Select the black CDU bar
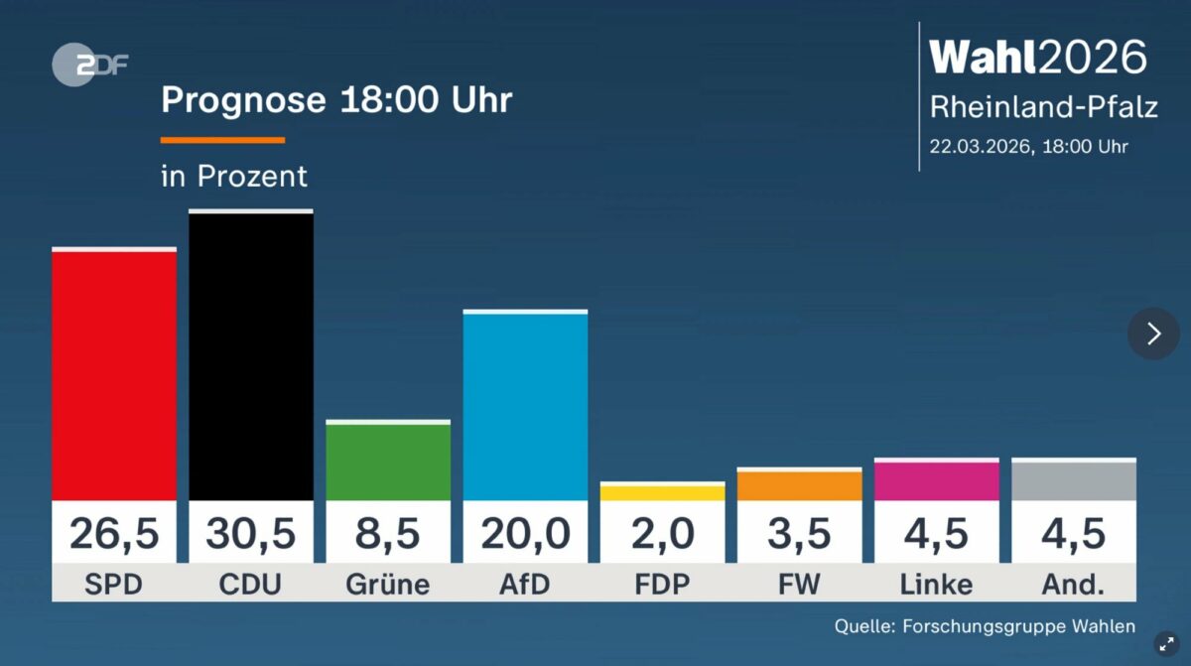(x=251, y=356)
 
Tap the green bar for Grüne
(x=388, y=462)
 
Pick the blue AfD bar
(x=525, y=407)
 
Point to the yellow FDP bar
(x=662, y=492)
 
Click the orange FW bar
(x=799, y=485)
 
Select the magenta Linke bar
(x=936, y=480)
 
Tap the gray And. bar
(x=1073, y=480)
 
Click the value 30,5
(x=251, y=534)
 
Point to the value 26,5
(x=114, y=534)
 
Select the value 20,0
(x=525, y=534)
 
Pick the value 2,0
(x=662, y=534)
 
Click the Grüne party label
(x=388, y=585)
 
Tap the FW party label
(x=799, y=585)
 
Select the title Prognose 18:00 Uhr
(x=336, y=100)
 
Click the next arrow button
(x=1153, y=333)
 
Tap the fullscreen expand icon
(x=1167, y=644)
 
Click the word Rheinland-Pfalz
(x=1043, y=107)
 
